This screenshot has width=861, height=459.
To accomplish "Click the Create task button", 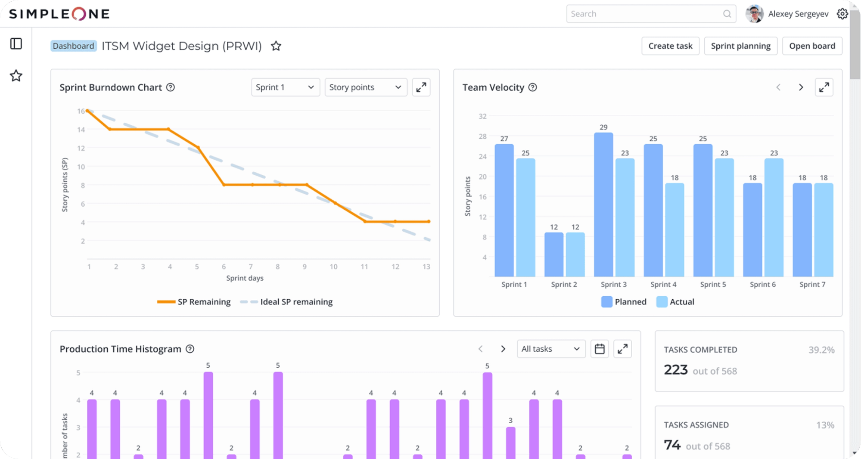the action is [x=670, y=46].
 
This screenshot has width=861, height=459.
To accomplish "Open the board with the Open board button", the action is [x=812, y=46].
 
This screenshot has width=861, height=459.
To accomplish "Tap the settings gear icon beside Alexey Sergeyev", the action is [x=842, y=14].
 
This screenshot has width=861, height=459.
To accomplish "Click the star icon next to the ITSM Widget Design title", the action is [x=276, y=46].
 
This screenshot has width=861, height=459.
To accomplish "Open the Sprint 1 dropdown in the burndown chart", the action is [x=285, y=87].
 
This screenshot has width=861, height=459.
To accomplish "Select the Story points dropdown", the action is [x=366, y=87].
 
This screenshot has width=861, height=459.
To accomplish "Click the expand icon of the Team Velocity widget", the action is [x=824, y=87].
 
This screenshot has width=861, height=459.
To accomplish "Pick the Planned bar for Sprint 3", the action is [x=603, y=205].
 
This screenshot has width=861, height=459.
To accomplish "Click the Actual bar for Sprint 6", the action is [x=774, y=217].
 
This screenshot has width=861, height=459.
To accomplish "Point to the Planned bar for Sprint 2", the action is [x=554, y=254].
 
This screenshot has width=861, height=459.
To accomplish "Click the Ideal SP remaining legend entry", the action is [x=286, y=302].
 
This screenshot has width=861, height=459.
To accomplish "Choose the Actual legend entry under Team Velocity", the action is [x=675, y=302].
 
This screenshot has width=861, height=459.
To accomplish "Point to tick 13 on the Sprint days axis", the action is [x=426, y=267].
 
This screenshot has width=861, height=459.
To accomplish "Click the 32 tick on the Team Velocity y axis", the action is [x=482, y=116].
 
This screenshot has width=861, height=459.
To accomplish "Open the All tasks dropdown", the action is [x=551, y=349].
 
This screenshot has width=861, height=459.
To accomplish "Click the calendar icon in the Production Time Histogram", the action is [x=600, y=349].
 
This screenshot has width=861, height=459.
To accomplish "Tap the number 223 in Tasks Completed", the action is [x=676, y=370].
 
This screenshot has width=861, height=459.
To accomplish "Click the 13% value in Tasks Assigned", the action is [x=825, y=425].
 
